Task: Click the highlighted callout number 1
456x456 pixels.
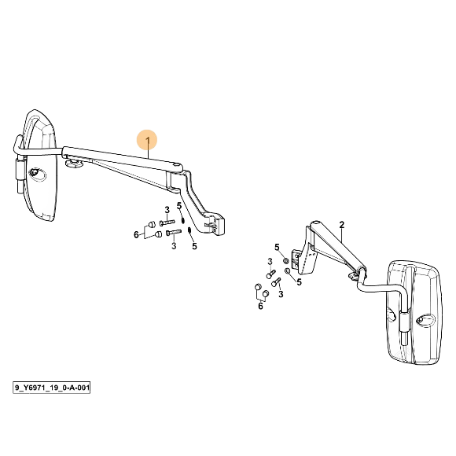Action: (x=148, y=141)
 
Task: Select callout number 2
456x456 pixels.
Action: (x=341, y=225)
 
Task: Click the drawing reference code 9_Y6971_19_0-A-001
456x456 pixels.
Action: (x=51, y=388)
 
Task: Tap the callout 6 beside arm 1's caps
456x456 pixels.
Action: (x=136, y=234)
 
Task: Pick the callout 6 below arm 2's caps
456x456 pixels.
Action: (x=260, y=306)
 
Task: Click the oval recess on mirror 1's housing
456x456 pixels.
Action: (x=37, y=175)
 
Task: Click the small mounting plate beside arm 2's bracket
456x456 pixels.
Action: (x=296, y=259)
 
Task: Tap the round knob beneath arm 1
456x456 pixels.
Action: (x=74, y=164)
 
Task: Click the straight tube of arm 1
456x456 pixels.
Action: (x=123, y=157)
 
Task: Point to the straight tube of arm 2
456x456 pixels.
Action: (x=337, y=245)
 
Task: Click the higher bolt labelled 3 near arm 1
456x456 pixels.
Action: (x=167, y=222)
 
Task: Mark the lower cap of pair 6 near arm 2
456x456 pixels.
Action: (x=265, y=294)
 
